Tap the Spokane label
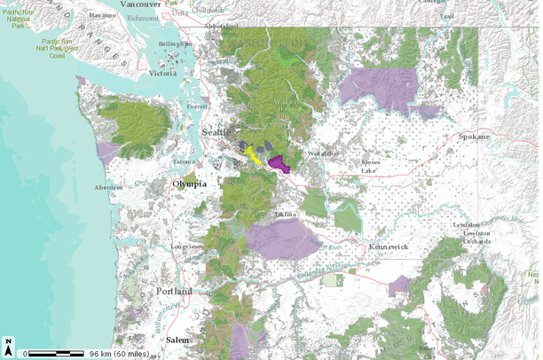473,137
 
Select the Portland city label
175,291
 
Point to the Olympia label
188,184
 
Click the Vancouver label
134,4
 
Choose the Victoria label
164,74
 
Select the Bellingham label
175,43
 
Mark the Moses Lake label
370,166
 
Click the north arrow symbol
9,343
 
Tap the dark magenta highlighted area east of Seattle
280,163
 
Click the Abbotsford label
222,27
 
